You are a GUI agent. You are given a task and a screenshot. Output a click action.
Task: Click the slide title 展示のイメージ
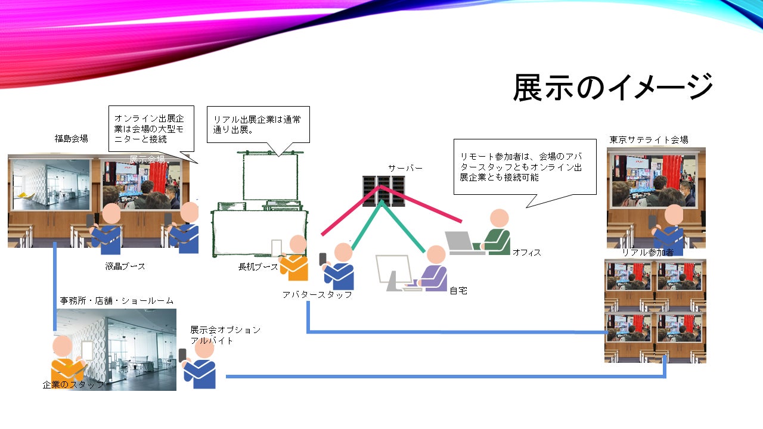click(613, 88)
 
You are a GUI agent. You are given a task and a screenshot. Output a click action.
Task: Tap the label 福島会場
click(72, 139)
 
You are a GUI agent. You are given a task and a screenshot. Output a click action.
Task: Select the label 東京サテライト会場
click(649, 140)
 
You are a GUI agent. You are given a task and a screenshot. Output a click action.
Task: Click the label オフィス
click(527, 253)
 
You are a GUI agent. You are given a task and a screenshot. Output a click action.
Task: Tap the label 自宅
click(458, 291)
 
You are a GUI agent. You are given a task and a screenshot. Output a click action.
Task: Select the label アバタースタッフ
click(317, 294)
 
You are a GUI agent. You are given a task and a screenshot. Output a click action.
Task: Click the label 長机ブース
click(258, 267)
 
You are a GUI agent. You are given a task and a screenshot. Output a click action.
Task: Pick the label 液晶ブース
click(125, 266)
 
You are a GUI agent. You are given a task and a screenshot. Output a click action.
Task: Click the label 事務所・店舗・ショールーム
click(117, 301)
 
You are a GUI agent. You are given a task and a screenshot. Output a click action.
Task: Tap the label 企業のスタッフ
click(73, 385)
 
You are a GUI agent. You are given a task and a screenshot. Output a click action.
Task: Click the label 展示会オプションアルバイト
click(225, 335)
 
